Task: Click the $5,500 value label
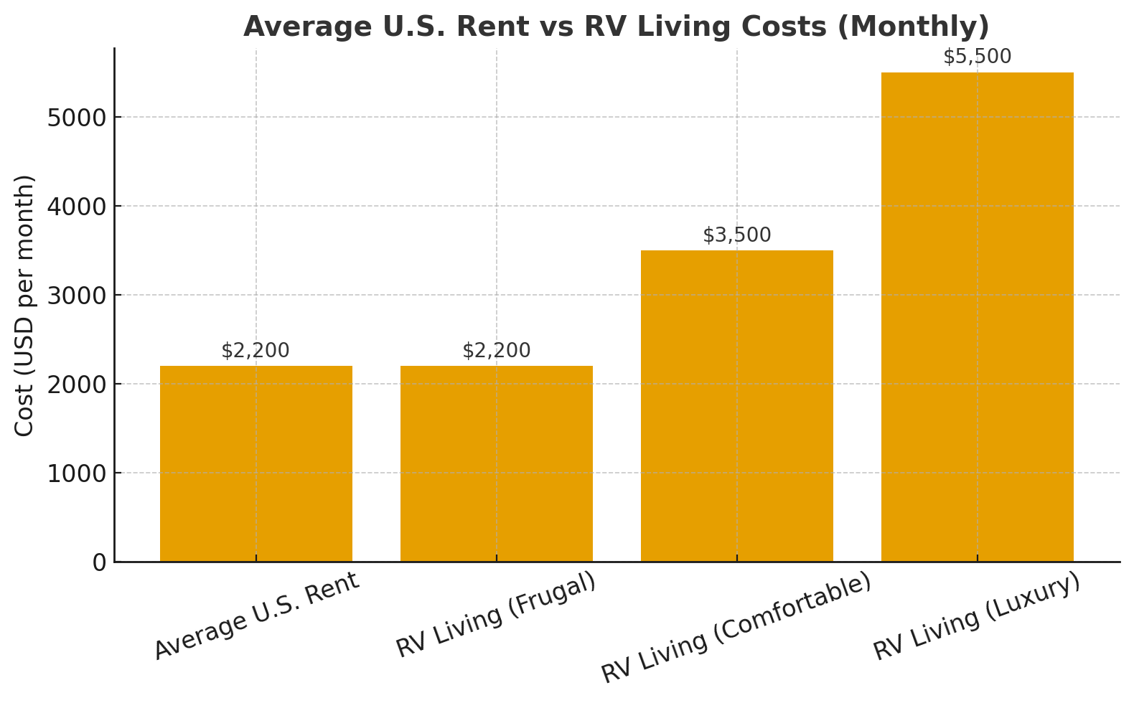tap(978, 57)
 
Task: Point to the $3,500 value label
tap(737, 235)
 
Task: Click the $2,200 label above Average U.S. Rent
tap(256, 351)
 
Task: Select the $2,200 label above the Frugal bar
tap(497, 351)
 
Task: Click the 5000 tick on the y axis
tap(76, 118)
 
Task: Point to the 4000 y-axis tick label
tap(76, 207)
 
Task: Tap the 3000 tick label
tap(76, 296)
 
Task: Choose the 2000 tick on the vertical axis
tap(76, 384)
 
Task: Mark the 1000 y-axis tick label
tap(76, 473)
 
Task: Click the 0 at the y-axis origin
tap(99, 563)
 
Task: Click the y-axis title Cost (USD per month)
tap(24, 305)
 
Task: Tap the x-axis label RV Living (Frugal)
tap(497, 615)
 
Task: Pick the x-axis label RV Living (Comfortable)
tap(736, 628)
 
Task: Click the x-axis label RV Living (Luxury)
tap(977, 617)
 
